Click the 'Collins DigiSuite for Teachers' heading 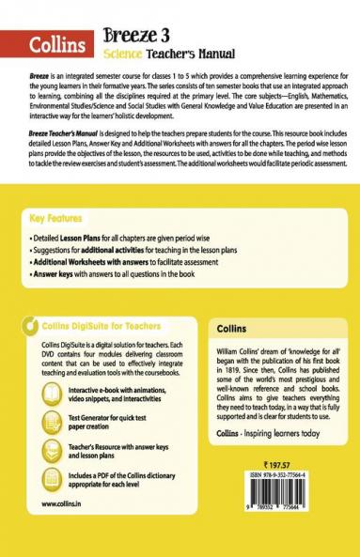111,327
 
